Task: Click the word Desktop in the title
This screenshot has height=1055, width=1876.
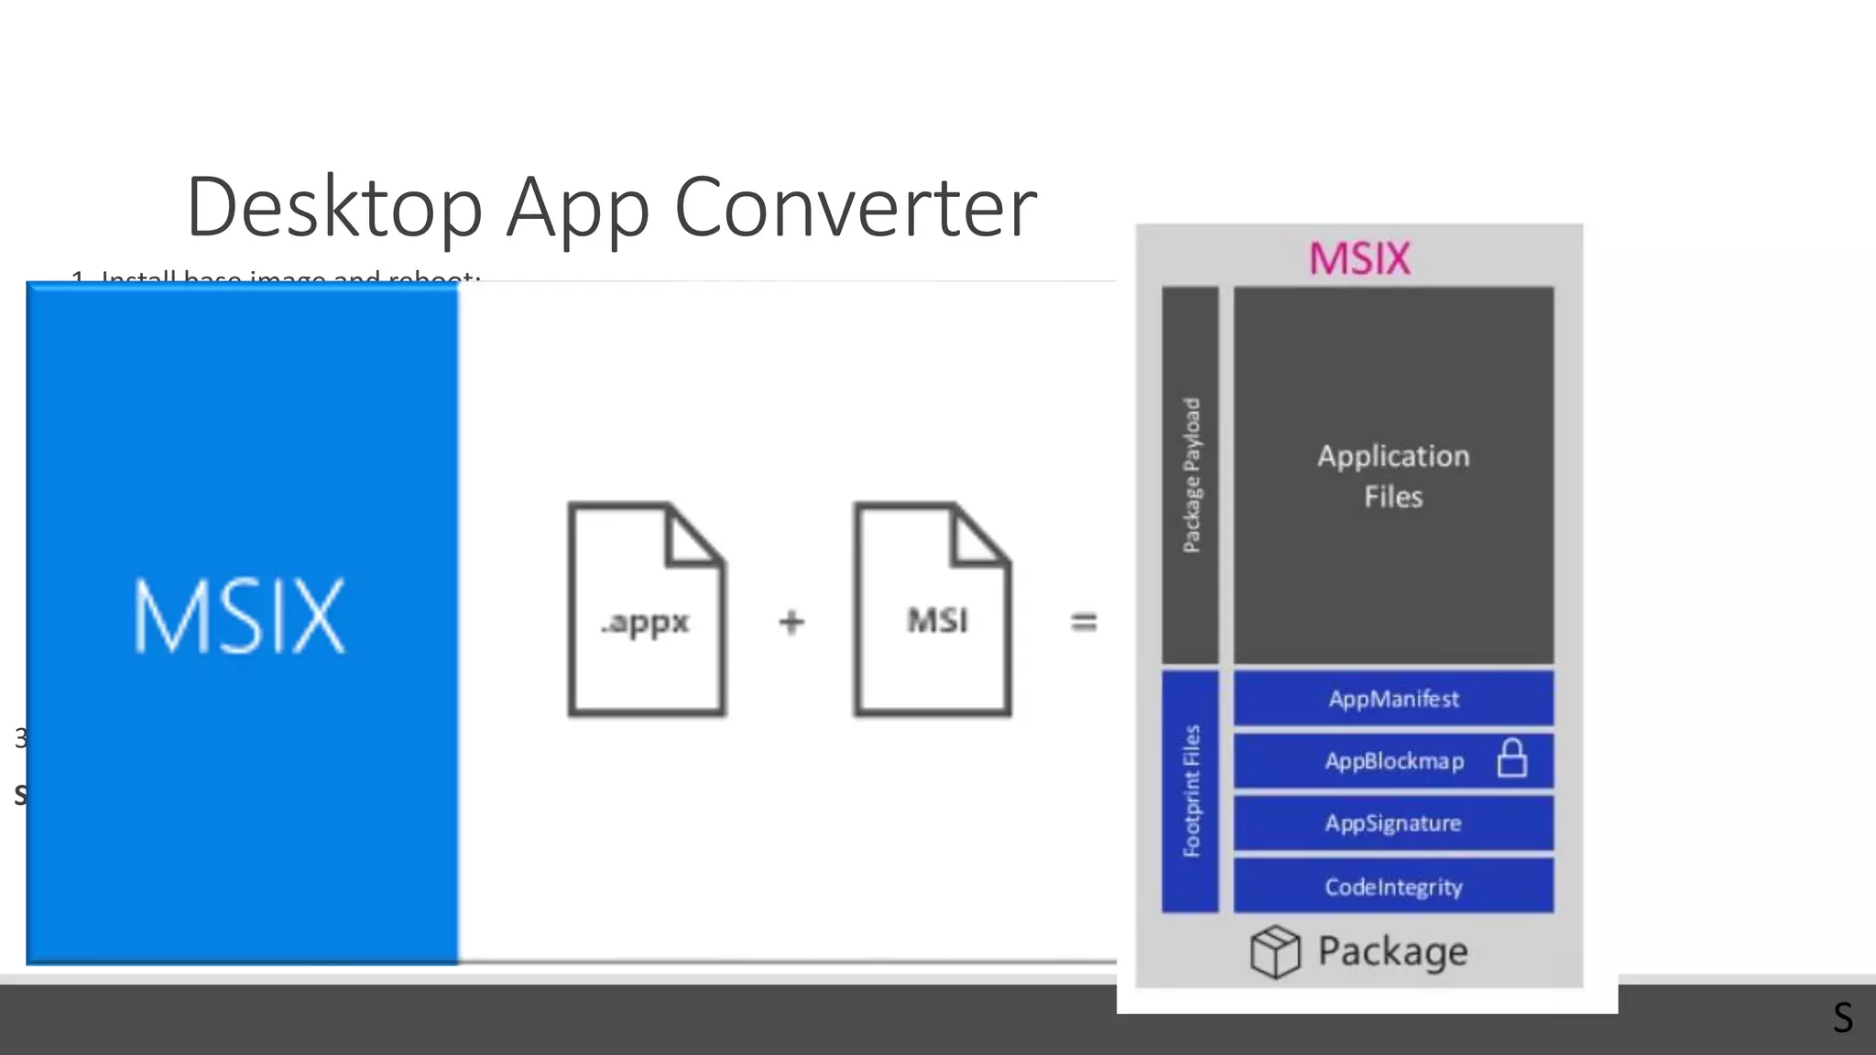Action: point(334,208)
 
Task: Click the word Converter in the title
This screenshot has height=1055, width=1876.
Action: point(855,208)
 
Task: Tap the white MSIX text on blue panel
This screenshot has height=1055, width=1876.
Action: point(240,616)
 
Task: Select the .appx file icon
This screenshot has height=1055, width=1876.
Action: point(646,609)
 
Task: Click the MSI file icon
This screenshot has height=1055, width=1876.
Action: point(933,609)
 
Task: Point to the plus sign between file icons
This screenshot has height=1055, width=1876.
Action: point(791,623)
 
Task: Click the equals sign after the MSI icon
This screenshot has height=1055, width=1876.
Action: point(1084,623)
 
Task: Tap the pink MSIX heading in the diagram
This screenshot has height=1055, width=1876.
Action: point(1359,258)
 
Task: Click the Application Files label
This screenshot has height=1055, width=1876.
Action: point(1393,476)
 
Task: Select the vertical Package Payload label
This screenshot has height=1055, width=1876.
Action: point(1191,475)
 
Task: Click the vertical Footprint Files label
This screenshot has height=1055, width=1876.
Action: point(1191,791)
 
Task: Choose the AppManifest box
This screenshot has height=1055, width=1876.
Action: point(1393,699)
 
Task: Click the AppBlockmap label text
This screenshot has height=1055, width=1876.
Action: point(1393,761)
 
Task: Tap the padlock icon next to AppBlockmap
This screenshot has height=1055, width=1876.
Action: point(1511,759)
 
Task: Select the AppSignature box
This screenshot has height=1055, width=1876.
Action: point(1393,823)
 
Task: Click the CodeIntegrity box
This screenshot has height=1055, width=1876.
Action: point(1393,886)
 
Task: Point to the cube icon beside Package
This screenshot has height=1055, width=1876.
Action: point(1274,952)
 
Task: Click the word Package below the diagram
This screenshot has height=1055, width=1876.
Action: point(1392,952)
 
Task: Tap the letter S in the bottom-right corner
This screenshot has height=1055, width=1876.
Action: point(1843,1017)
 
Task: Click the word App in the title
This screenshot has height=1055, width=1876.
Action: point(578,208)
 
